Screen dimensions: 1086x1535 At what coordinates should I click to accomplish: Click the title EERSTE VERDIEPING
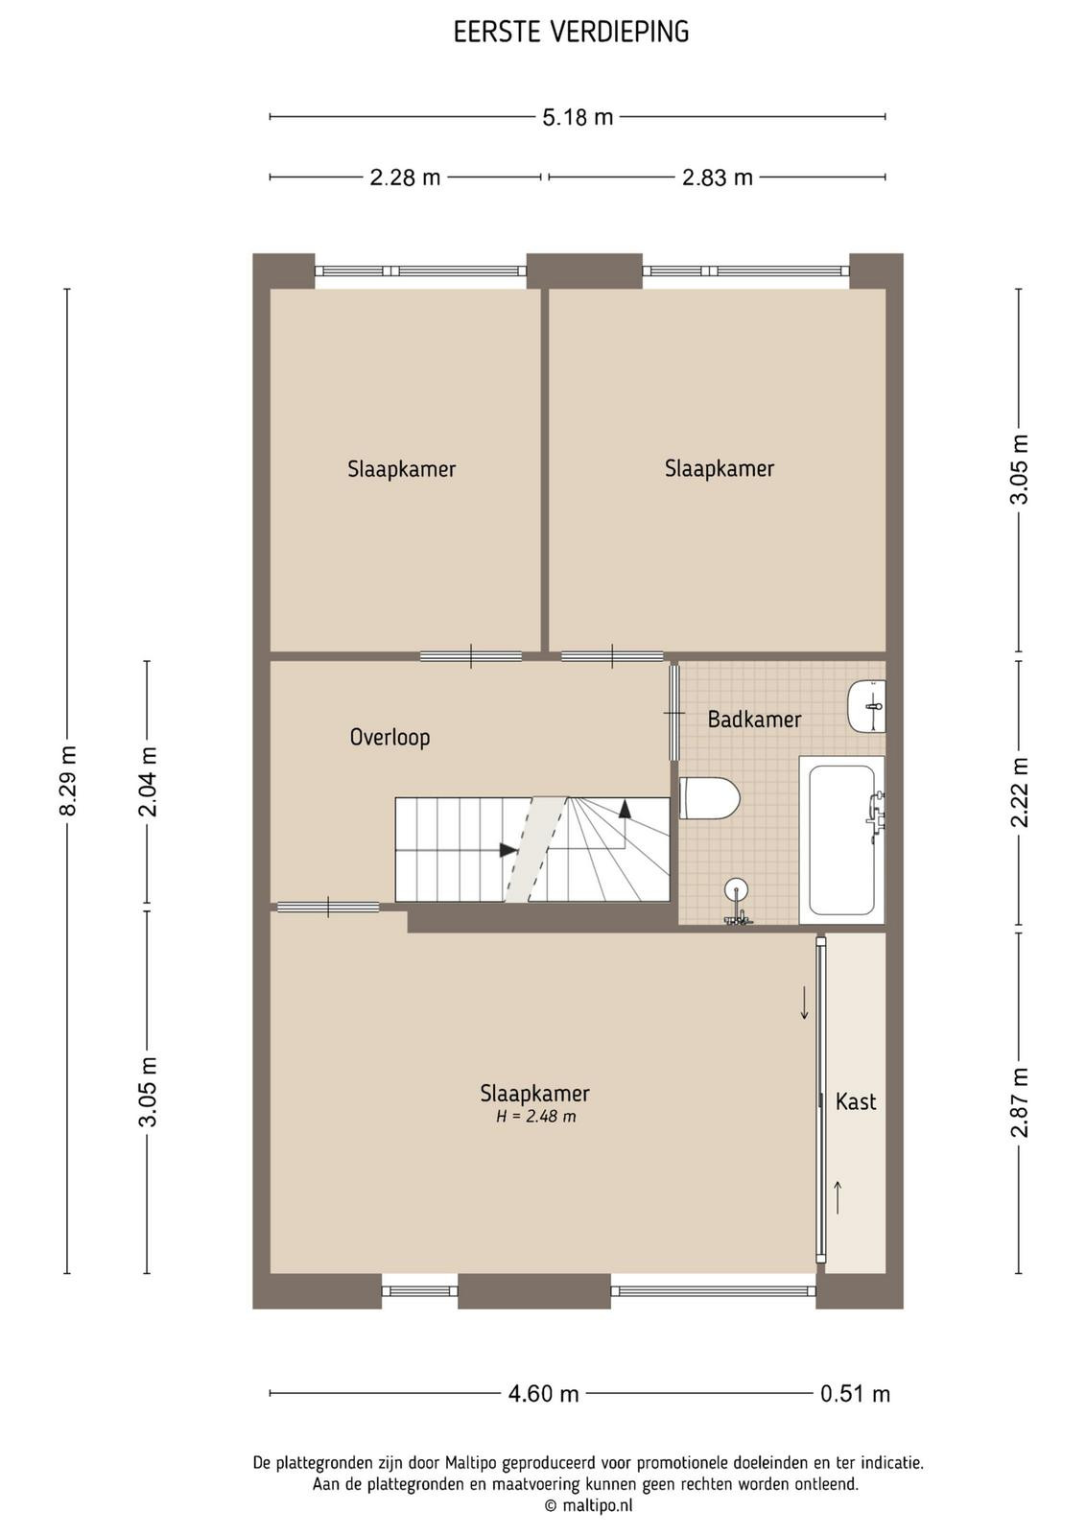point(571,33)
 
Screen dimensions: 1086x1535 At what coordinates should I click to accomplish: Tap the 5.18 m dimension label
point(578,117)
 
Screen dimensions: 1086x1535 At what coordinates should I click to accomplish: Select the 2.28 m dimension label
point(405,177)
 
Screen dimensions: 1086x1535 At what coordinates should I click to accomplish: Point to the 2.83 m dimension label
point(718,177)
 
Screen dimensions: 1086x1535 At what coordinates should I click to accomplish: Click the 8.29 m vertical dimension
point(67,781)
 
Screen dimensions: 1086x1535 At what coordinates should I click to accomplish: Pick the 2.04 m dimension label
point(148,781)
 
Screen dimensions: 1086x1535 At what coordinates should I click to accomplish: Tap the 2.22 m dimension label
point(1020,791)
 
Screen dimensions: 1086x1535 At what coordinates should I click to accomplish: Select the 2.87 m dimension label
point(1020,1102)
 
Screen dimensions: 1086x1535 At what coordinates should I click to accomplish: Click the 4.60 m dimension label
point(543,1394)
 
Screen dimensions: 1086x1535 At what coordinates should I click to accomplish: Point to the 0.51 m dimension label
point(855,1394)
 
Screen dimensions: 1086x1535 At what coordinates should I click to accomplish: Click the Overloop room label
point(390,738)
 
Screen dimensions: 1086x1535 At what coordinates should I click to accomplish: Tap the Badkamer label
point(754,719)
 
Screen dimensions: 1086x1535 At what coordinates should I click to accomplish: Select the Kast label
point(856,1101)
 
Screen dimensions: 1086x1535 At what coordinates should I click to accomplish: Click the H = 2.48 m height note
point(536,1117)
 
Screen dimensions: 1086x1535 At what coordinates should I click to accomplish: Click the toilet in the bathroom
point(710,797)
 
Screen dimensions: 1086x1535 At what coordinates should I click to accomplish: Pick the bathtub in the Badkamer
point(842,839)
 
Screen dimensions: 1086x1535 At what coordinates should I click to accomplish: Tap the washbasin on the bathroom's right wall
point(866,706)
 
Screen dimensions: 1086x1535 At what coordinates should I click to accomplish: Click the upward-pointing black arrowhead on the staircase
point(625,809)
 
